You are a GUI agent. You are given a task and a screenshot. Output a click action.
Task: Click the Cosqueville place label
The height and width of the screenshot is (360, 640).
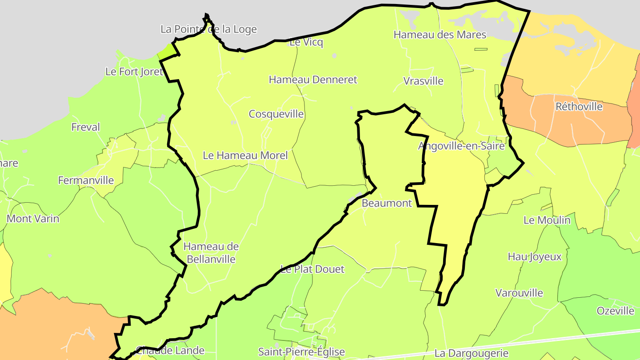point(276,114)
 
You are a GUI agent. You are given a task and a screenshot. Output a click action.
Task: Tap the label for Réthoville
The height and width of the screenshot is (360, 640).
point(579,107)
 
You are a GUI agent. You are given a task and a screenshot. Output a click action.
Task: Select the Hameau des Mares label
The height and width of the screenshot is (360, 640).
point(440,35)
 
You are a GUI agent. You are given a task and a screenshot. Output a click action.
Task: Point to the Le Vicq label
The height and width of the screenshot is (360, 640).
point(306,43)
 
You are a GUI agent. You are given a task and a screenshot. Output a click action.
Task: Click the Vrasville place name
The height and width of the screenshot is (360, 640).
point(423,81)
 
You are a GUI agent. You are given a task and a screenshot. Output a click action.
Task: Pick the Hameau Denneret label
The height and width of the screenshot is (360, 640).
point(313,80)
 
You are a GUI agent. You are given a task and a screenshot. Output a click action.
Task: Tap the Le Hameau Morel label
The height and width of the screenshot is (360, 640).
point(245,156)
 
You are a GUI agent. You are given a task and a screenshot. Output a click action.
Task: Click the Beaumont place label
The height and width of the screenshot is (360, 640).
point(387,204)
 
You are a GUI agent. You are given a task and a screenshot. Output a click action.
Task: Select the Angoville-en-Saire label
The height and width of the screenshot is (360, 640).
point(461,146)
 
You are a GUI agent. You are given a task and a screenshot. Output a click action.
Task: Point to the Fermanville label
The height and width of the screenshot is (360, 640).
point(86,180)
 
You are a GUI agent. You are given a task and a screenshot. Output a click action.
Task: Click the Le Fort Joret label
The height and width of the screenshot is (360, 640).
point(134,72)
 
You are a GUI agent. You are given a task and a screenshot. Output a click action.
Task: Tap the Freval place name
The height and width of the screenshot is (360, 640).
point(86,128)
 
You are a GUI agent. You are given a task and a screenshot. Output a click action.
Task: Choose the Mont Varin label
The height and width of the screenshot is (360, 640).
point(33,219)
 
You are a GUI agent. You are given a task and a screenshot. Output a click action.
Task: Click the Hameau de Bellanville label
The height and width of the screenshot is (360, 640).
point(211,253)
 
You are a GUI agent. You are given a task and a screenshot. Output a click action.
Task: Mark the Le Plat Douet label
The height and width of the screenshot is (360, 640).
point(312,269)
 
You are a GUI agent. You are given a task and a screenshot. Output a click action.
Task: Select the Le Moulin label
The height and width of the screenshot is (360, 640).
point(547,220)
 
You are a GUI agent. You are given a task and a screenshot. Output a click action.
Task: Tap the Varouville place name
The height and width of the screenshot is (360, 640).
point(519,293)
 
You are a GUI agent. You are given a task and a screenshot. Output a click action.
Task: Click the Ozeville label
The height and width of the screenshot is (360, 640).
point(615,311)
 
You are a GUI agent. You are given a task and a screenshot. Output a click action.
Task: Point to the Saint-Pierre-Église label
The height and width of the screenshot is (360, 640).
point(301,352)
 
